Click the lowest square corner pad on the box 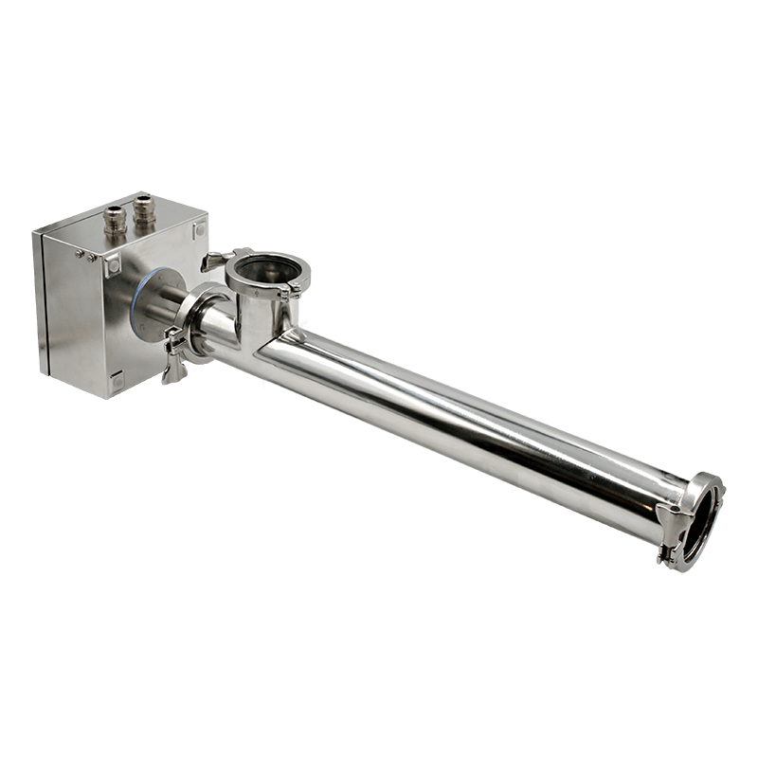click(117, 382)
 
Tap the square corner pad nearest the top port click(199, 230)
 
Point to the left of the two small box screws click(80, 253)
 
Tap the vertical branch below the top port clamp click(258, 317)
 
